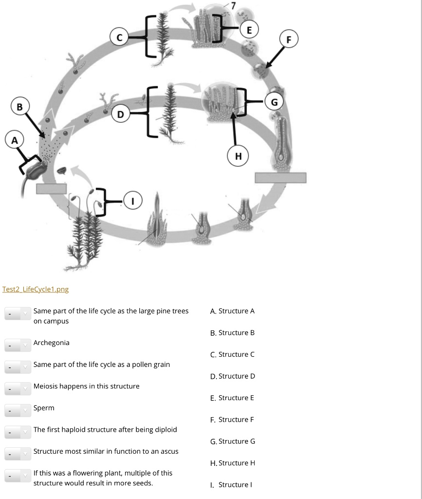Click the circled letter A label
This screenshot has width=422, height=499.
14,140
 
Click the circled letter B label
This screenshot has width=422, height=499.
19,106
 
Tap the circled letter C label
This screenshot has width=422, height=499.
119,38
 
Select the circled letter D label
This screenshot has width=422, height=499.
121,115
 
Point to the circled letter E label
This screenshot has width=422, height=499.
250,30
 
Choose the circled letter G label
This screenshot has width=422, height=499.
274,102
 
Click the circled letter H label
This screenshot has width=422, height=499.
238,156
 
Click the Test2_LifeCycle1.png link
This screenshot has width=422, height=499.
36,289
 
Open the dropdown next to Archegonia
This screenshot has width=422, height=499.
18,345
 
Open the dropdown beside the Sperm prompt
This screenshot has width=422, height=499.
18,410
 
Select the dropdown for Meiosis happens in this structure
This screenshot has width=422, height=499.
18,388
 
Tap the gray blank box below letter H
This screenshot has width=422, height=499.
280,178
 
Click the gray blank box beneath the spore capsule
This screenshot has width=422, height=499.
51,188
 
